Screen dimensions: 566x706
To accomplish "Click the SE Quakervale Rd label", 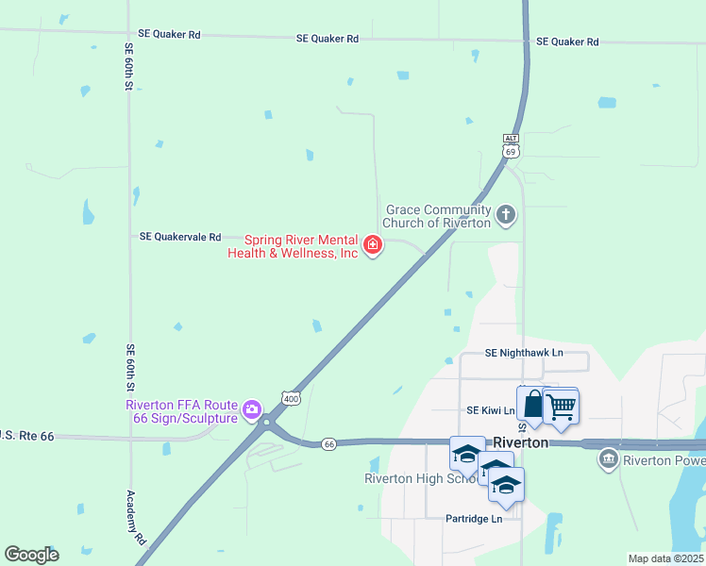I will (x=179, y=237).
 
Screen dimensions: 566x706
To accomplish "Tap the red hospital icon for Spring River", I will (x=374, y=246).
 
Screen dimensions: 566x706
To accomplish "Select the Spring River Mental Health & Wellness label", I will (x=293, y=247).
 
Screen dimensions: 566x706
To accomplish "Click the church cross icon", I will (x=506, y=216).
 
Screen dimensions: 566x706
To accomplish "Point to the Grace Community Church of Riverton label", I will (x=437, y=216).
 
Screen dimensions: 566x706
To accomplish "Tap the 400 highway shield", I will (x=290, y=399).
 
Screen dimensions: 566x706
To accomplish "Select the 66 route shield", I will (x=328, y=443).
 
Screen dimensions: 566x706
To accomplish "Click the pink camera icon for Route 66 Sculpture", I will (x=251, y=409).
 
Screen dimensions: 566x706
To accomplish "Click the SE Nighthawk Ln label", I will (x=524, y=353).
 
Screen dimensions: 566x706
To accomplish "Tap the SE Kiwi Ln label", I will (x=490, y=410).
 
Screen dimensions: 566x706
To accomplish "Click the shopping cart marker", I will (x=562, y=406).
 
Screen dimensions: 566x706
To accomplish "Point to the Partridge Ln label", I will (x=474, y=518).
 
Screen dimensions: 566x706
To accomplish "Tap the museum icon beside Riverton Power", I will (x=609, y=460).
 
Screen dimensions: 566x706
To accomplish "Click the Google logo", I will (x=31, y=555).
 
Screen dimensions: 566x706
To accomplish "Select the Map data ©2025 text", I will (x=664, y=558).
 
